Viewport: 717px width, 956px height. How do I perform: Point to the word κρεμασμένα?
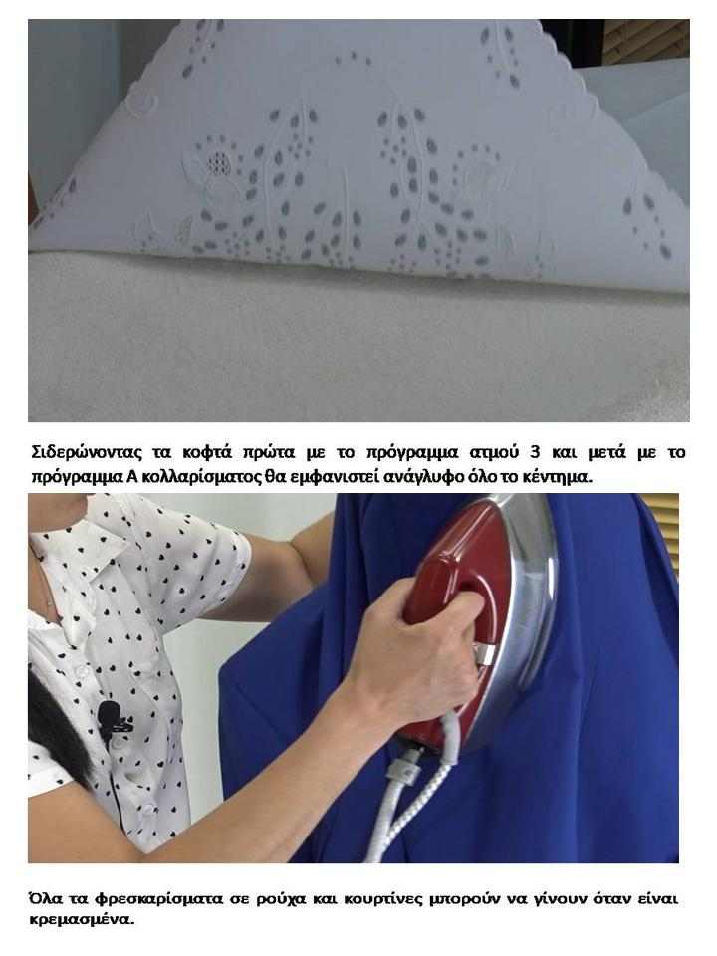tap(82, 920)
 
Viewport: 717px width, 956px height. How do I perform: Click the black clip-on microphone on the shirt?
tap(111, 715)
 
